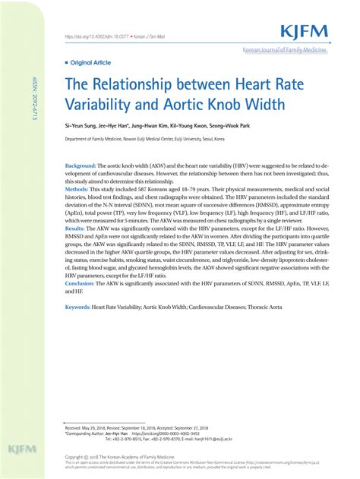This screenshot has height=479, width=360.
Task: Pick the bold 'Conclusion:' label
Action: (80, 282)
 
